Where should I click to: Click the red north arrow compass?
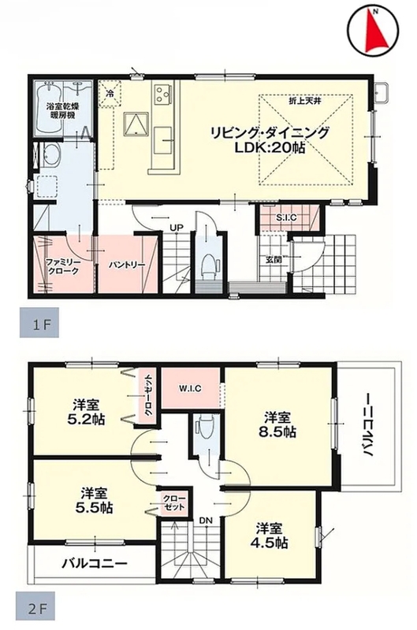(373, 29)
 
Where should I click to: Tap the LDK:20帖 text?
(269, 148)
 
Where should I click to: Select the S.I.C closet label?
(286, 218)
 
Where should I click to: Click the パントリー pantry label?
(127, 265)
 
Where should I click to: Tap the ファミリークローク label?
(63, 266)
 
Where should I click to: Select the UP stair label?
(176, 228)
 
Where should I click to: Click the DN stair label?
(206, 520)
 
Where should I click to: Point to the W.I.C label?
(190, 388)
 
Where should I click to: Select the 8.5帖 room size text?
(277, 432)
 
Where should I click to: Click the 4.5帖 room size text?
(269, 543)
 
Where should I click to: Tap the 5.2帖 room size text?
(86, 420)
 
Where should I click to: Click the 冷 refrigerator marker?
(110, 94)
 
